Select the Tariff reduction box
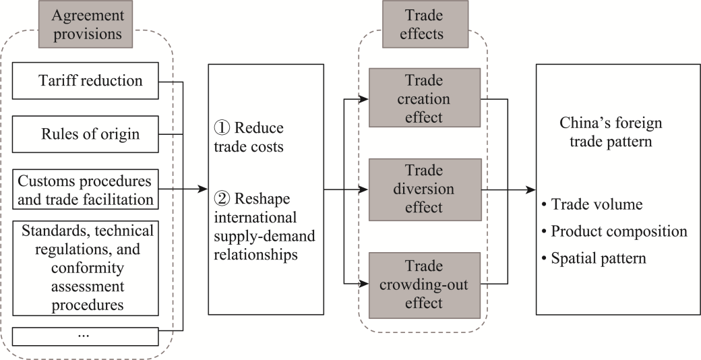(85, 81)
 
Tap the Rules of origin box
(85, 134)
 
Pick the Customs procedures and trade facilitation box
(85, 189)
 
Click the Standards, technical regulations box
(85, 268)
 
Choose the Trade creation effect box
(425, 99)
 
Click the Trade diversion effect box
(425, 190)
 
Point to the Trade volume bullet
(590, 204)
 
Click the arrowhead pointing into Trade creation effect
(365, 100)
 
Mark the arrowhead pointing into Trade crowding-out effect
(365, 284)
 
